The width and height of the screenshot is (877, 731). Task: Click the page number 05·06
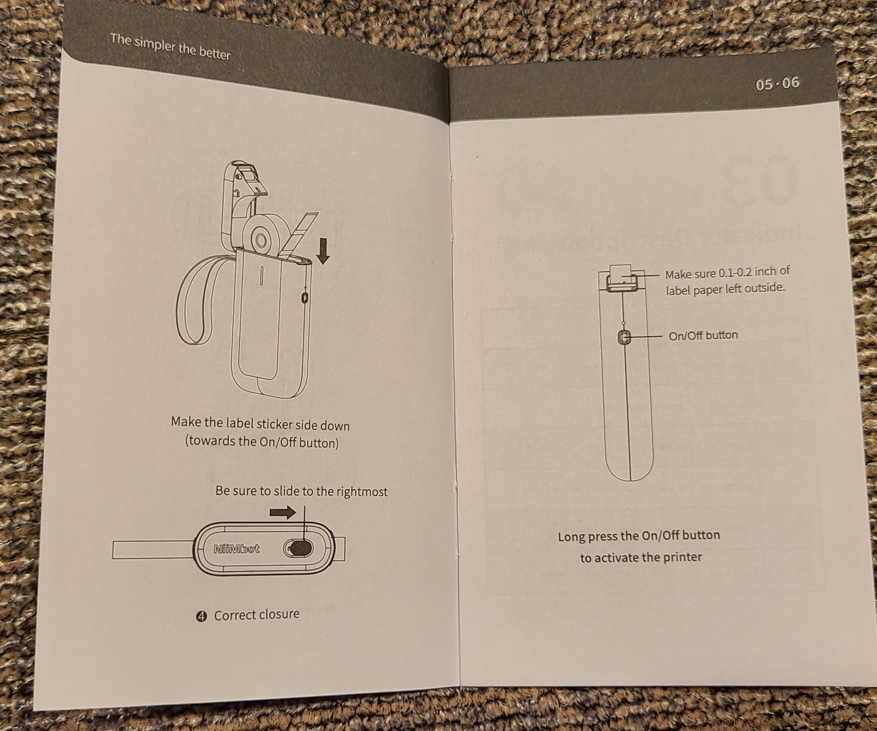[x=777, y=83]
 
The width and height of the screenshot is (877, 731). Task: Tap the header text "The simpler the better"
[x=171, y=47]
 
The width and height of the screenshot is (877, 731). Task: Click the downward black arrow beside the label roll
[x=323, y=250]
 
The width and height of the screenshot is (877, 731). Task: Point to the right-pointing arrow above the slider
[x=283, y=512]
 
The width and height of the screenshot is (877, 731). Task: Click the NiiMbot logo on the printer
[x=237, y=549]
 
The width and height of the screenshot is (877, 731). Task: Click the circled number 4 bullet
[x=202, y=617]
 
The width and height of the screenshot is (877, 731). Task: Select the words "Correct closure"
[x=257, y=615]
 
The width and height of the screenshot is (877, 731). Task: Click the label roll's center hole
[x=261, y=241]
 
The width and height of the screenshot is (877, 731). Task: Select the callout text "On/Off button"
[x=703, y=335]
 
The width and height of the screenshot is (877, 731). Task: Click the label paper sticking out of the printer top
[x=621, y=275]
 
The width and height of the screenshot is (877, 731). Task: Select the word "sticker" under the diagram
[x=274, y=424]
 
